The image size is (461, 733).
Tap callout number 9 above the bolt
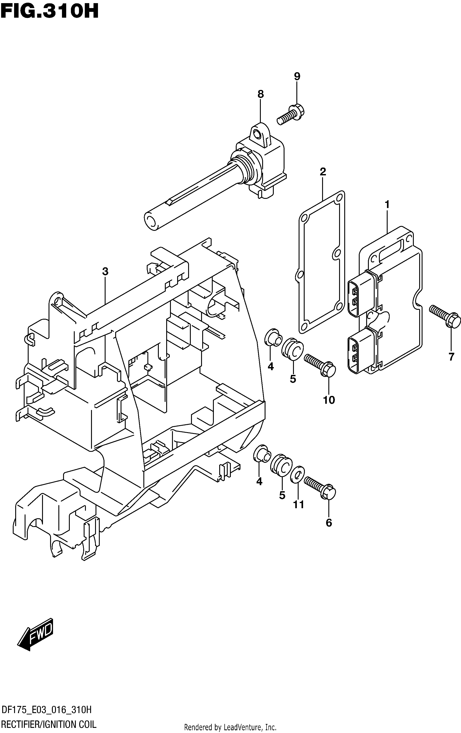click(297, 76)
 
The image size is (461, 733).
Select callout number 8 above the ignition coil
click(260, 94)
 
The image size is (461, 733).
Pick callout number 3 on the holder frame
click(105, 271)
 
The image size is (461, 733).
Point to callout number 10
click(329, 400)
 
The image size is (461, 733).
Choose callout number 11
click(298, 505)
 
